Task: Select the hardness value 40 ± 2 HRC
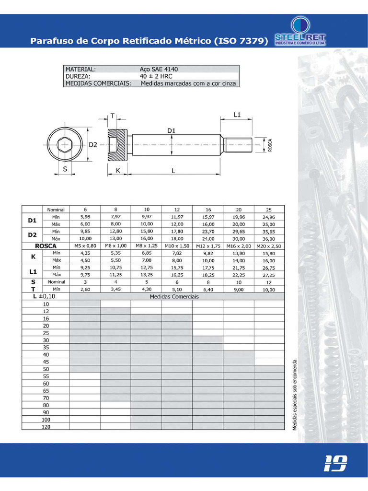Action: pyautogui.click(x=156, y=76)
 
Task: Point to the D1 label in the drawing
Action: pyautogui.click(x=172, y=130)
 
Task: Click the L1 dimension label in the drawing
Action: pyautogui.click(x=237, y=115)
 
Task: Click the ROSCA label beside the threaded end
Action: pyautogui.click(x=270, y=145)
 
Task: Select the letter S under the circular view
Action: pyautogui.click(x=65, y=169)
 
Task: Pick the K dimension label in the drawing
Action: pyautogui.click(x=117, y=170)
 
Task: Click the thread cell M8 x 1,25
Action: pyautogui.click(x=146, y=245)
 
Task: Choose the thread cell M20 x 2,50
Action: pyautogui.click(x=269, y=245)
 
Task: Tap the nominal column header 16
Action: pyautogui.click(x=207, y=210)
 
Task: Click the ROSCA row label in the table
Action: pyautogui.click(x=46, y=245)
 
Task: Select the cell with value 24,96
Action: pyautogui.click(x=269, y=217)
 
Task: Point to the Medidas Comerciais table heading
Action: pyautogui.click(x=177, y=296)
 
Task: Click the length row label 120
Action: pyautogui.click(x=46, y=426)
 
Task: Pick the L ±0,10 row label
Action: pyautogui.click(x=46, y=296)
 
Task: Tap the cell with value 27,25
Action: pyautogui.click(x=269, y=275)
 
